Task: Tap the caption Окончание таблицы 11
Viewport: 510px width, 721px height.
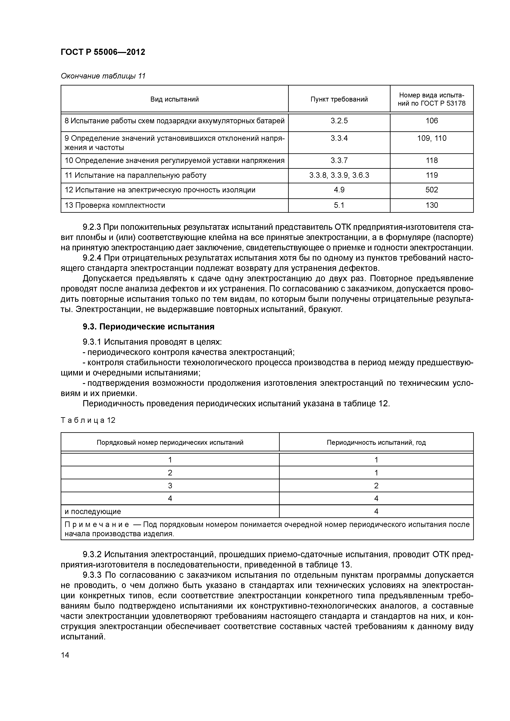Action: [x=103, y=76]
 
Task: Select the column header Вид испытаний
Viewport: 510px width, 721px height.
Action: [x=174, y=99]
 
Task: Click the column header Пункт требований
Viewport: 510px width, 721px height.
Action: [x=339, y=99]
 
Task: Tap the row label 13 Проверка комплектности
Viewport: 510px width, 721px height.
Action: [x=115, y=205]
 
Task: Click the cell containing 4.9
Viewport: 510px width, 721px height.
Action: [x=339, y=190]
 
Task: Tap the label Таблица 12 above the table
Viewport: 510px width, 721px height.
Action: [x=88, y=420]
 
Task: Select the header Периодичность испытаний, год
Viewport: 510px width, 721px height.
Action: [x=376, y=443]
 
